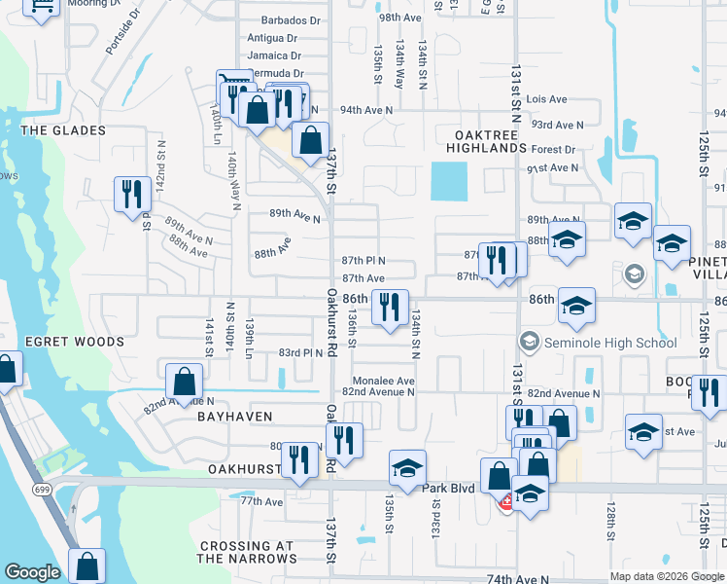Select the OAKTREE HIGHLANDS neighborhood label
coord(486,139)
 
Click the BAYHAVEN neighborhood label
coord(232,416)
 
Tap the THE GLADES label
coord(62,130)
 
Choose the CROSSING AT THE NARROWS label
coord(247,552)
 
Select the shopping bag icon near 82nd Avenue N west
coord(184,382)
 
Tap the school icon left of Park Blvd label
coord(407,468)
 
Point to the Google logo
coord(32,572)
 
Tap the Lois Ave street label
coord(546,99)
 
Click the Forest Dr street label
coord(554,150)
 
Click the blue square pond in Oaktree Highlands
coord(449,179)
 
